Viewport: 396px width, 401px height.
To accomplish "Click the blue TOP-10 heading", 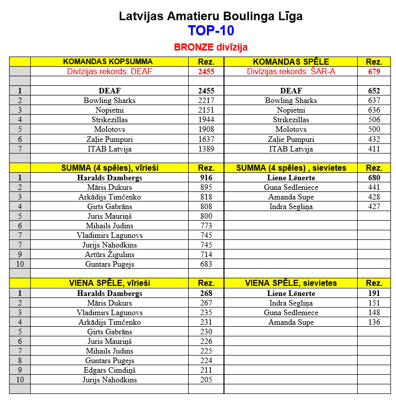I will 211,31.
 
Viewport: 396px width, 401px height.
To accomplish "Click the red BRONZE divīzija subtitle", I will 211,47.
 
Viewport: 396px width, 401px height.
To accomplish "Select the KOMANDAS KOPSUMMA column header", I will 107,62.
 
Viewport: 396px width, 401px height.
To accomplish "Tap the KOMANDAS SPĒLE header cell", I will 291,62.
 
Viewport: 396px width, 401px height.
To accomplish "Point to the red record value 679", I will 374,72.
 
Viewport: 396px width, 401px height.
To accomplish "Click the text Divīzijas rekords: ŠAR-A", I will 291,72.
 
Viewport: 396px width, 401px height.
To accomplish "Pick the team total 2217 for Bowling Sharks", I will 206,101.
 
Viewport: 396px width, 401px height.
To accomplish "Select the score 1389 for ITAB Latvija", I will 206,149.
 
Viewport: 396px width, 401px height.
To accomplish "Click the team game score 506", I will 374,120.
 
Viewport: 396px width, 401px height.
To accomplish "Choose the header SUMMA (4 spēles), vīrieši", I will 109,168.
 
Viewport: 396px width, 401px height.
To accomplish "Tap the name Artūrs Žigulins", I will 109,255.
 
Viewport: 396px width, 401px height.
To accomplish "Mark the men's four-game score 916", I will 206,178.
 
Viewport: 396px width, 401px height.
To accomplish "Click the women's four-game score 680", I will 374,178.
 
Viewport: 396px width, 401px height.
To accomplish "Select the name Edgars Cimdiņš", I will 109,370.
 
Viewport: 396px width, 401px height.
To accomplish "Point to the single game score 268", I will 206,293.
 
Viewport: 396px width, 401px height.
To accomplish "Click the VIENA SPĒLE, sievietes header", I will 291,283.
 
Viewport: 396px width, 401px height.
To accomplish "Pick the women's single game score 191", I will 374,293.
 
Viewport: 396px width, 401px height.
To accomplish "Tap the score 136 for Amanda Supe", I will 374,322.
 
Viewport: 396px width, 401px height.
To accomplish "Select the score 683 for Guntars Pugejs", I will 206,264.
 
